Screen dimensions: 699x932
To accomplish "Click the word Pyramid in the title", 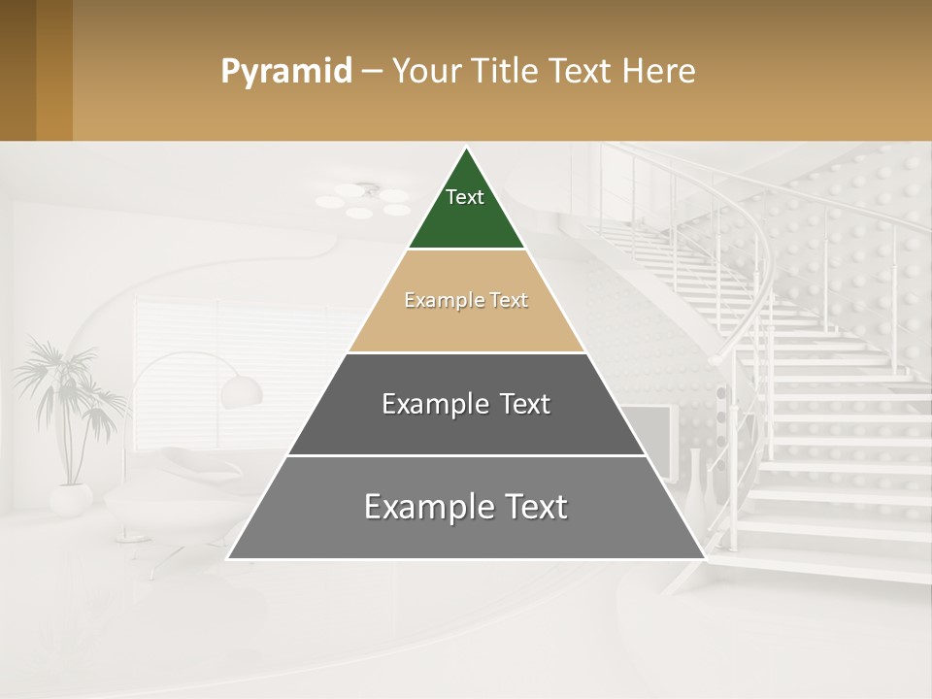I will tap(285, 72).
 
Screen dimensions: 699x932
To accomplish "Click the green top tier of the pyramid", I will tap(466, 218).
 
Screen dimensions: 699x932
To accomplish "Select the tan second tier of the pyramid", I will tap(466, 325).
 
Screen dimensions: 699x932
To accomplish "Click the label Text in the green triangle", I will tap(465, 197).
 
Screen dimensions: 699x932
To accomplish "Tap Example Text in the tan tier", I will tap(466, 300).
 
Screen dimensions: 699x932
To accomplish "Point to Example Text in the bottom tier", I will tap(466, 507).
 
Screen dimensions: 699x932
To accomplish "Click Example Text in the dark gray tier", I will tap(466, 404).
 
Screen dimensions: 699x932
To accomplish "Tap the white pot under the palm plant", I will tap(71, 499).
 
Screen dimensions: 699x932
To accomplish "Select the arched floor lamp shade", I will tap(242, 391).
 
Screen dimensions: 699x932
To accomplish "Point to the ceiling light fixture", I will tap(364, 201).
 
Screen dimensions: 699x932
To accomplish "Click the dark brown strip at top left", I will tap(17, 70).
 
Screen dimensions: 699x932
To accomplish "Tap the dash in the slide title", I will tap(371, 72).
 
